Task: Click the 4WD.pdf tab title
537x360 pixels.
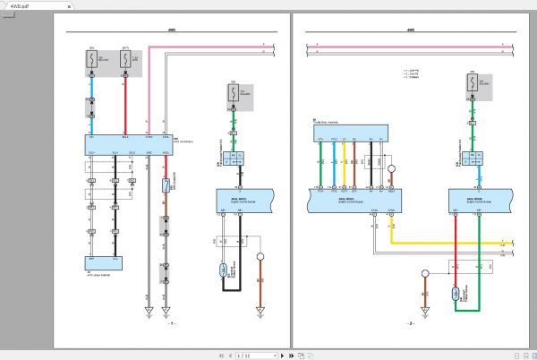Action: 21,4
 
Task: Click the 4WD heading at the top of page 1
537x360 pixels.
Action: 172,30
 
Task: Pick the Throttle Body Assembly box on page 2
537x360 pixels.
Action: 350,133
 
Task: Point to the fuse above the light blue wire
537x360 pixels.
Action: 90,61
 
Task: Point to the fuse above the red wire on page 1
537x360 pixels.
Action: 125,61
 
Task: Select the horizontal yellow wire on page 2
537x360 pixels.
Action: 447,242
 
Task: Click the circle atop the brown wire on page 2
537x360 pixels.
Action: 424,273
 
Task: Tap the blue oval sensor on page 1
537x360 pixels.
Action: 224,270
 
